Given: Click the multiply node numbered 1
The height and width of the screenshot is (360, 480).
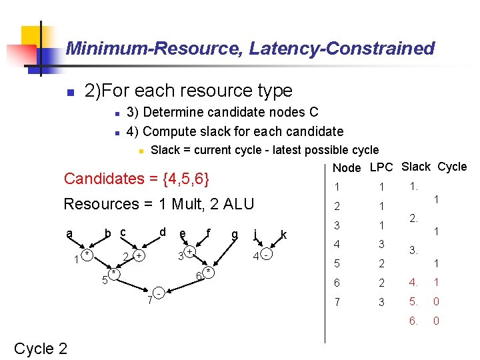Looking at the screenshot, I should click(x=87, y=255).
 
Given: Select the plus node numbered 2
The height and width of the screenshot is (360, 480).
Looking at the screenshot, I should click(x=138, y=256).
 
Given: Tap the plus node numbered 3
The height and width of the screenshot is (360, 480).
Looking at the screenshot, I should click(x=190, y=252).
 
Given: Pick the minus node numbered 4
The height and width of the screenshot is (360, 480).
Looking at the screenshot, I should click(x=266, y=255).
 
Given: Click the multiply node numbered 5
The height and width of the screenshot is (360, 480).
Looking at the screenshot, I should click(x=115, y=273).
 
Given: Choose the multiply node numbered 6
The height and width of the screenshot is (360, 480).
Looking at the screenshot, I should click(x=209, y=272).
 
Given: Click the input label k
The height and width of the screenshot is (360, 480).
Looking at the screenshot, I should click(x=284, y=234).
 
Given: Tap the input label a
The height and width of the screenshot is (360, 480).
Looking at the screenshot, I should click(x=69, y=234).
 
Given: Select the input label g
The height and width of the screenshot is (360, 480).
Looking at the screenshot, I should click(x=234, y=234).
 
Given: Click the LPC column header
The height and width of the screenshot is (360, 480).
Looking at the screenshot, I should click(x=381, y=167).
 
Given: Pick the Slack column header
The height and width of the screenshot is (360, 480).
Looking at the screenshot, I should click(x=417, y=167).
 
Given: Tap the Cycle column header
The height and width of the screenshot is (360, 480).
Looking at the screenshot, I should click(x=452, y=167).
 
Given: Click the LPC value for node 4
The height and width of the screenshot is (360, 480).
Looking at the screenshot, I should click(x=382, y=244).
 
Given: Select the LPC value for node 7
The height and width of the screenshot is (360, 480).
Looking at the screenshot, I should click(x=382, y=302).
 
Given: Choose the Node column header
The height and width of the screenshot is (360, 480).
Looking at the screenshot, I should click(x=346, y=168).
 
